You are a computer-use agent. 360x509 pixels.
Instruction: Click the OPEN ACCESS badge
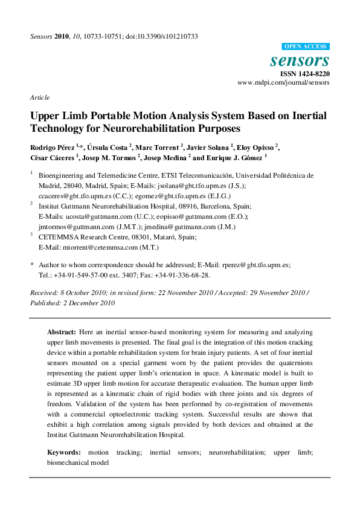(x=306, y=47)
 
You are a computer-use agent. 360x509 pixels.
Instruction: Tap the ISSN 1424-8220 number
(x=304, y=74)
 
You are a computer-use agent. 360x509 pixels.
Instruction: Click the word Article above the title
(x=39, y=98)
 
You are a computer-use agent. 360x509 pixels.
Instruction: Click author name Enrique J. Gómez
(x=228, y=158)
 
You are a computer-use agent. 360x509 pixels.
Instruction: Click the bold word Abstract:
(x=62, y=332)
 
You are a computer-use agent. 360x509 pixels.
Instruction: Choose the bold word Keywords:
(x=64, y=452)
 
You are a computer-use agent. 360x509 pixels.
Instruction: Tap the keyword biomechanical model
(x=78, y=462)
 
